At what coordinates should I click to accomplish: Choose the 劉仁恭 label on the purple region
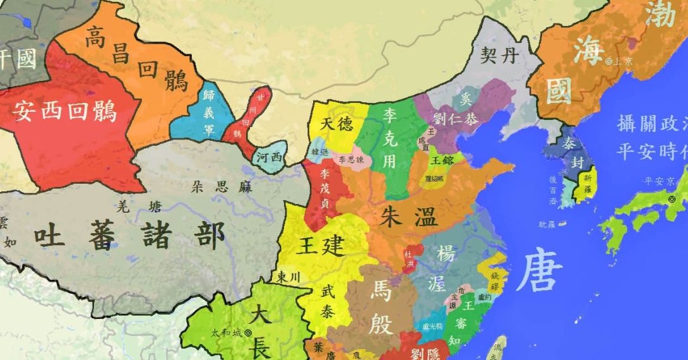455,118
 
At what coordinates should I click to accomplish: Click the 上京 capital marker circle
608,61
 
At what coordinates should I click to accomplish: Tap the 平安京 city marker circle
671,200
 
